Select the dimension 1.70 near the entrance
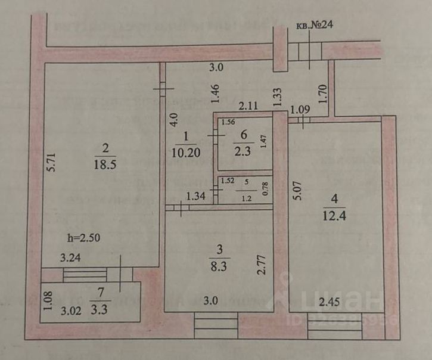click(x=324, y=94)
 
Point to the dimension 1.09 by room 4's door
click(x=300, y=110)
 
